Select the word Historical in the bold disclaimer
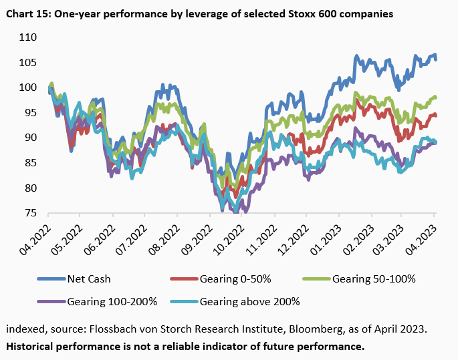point(31,347)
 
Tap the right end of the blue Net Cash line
point(437,59)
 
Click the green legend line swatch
point(318,279)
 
